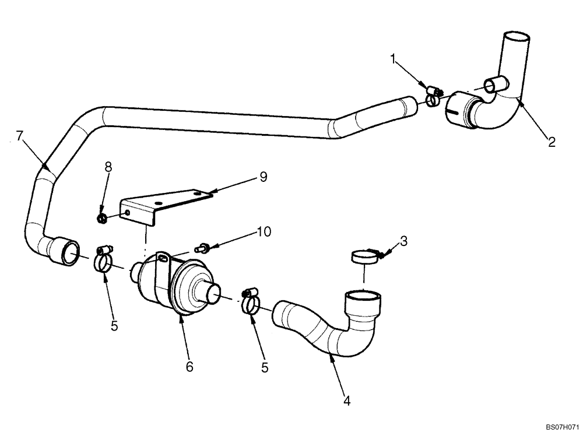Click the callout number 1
[x=395, y=59]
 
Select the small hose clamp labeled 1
[x=433, y=97]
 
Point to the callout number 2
[x=551, y=141]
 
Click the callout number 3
[x=403, y=240]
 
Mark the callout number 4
[x=346, y=401]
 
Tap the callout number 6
[x=189, y=367]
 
